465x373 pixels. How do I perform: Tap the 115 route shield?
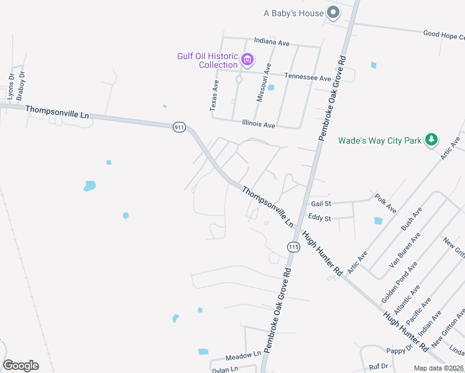click(293, 247)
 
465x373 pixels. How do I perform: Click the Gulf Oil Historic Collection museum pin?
click(247, 60)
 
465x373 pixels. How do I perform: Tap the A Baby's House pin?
click(333, 12)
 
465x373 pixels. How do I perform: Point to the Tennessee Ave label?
click(308, 78)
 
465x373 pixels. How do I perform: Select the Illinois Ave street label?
click(258, 124)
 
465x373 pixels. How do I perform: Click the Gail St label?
click(321, 204)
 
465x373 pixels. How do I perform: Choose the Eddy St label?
click(320, 218)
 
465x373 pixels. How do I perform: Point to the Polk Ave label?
click(385, 203)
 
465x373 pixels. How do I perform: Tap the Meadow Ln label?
click(242, 354)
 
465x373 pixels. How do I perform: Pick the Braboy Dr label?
click(21, 85)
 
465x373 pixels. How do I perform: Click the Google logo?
click(21, 366)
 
